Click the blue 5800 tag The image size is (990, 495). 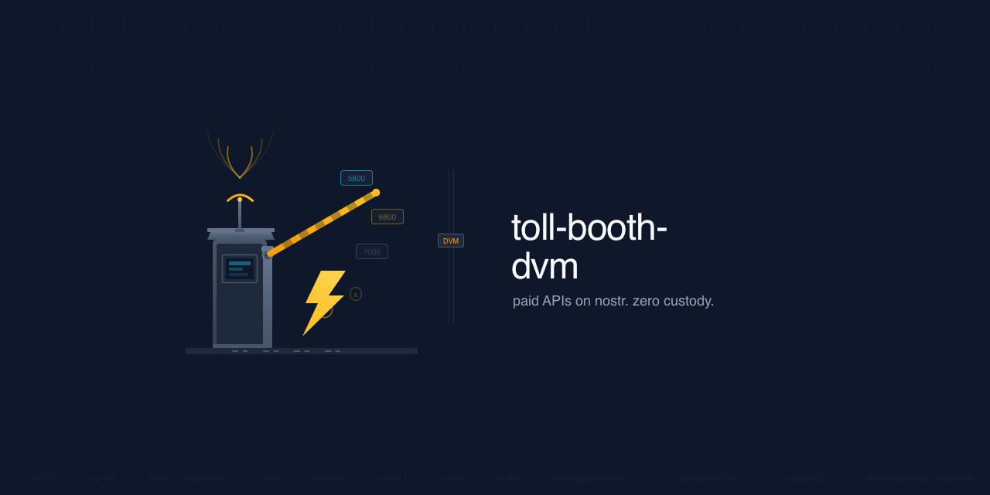pos(357,178)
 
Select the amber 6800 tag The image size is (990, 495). pos(387,217)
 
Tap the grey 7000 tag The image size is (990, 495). pos(372,251)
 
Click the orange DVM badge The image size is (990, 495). pos(451,241)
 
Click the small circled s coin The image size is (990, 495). pos(356,294)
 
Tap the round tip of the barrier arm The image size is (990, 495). pos(376,193)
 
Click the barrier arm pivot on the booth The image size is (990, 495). pos(268,253)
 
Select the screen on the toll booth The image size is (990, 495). pos(240,268)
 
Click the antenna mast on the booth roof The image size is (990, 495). pos(240,215)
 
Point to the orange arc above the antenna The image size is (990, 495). pos(240,196)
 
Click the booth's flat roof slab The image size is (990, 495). pos(241,230)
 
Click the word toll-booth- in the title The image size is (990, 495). pos(589,227)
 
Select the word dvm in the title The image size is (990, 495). pos(544,266)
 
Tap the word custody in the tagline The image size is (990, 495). pos(688,301)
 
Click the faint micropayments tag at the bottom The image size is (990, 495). pos(586,478)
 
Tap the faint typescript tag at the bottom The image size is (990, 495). pos(804,478)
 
